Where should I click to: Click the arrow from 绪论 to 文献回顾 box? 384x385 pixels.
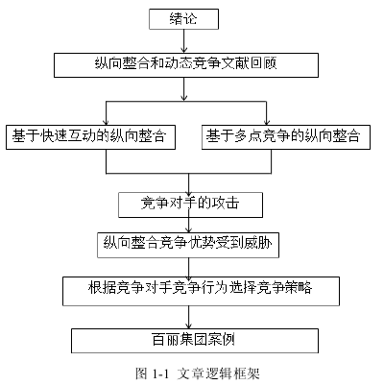[183, 41]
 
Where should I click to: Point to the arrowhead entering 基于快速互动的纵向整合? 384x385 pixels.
[106, 123]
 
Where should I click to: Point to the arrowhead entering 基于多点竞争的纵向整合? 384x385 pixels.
[267, 123]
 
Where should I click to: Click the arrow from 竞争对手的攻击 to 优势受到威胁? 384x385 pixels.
[188, 225]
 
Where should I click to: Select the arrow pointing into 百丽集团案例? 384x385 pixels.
[188, 317]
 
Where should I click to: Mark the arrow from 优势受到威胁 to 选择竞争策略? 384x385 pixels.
[188, 267]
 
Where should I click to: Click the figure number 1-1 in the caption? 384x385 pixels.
[160, 373]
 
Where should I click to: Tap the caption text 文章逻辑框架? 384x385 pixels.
[218, 373]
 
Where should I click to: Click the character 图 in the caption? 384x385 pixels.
[141, 373]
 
